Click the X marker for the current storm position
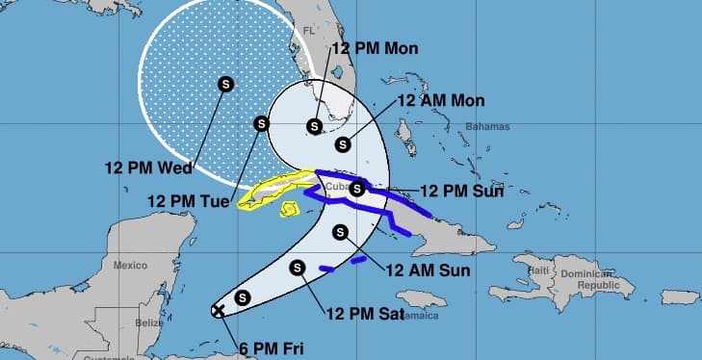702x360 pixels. pos(219,310)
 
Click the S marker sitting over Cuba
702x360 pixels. pos(357,189)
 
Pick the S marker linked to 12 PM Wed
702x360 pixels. pos(225,84)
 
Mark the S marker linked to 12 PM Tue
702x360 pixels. pos(260,123)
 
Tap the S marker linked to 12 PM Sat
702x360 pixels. pos(298,268)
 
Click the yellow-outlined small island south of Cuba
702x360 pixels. pos(288,208)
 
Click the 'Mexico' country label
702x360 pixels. pos(129,264)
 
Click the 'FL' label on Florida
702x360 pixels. pos(310,32)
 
